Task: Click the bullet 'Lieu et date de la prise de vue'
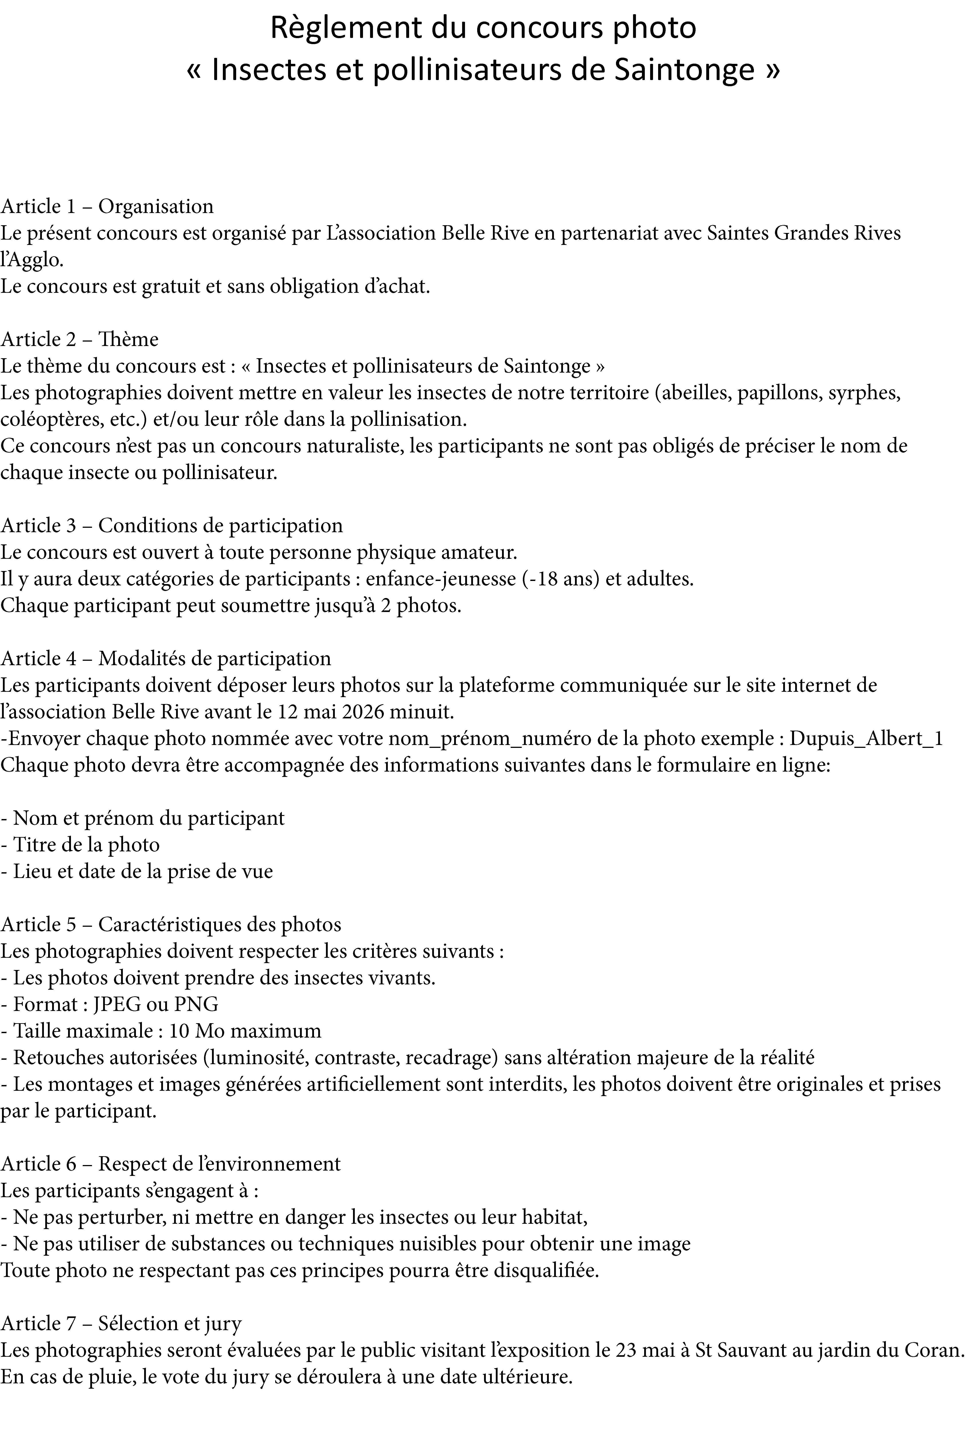coord(137,871)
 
